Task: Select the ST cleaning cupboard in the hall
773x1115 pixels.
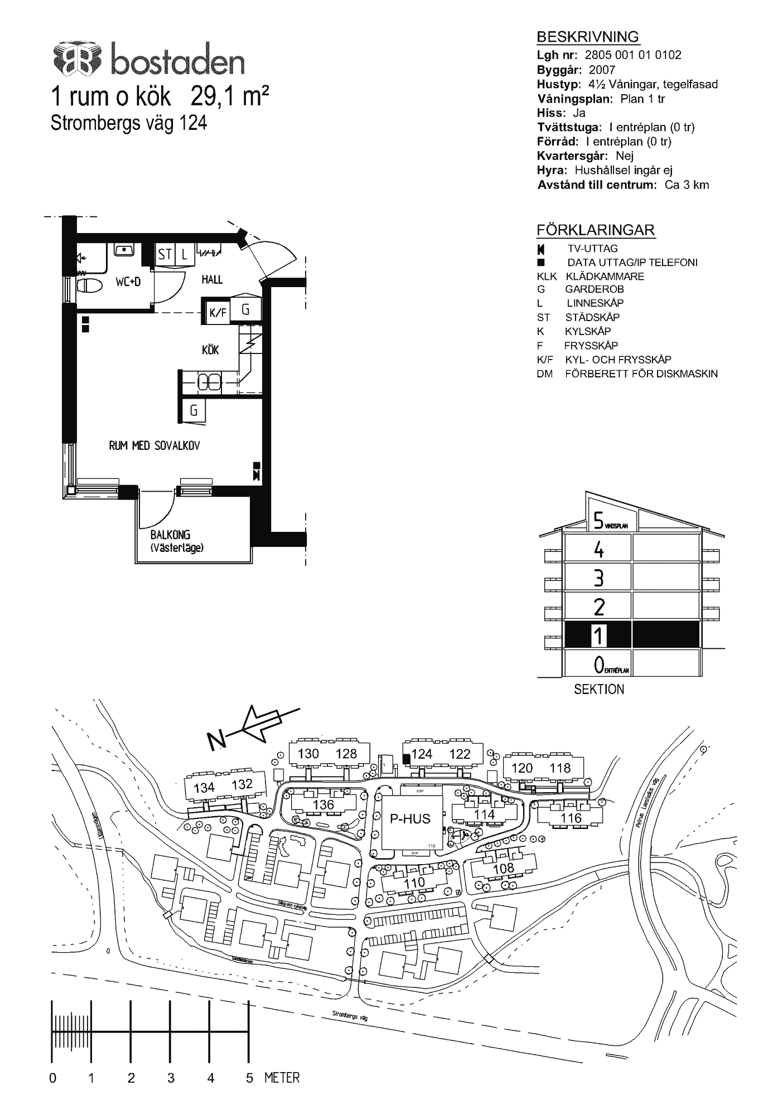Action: (x=165, y=255)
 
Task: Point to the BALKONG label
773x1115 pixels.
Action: (x=170, y=535)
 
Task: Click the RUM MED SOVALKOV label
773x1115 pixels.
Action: (x=154, y=445)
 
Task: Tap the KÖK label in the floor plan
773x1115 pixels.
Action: (x=210, y=350)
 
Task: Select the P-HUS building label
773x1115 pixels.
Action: (x=410, y=819)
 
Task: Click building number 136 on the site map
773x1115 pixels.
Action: (x=323, y=804)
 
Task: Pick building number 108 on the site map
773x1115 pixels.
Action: (x=504, y=868)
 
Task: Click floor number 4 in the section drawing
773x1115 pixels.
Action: (x=598, y=550)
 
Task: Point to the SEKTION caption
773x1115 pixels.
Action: (x=599, y=690)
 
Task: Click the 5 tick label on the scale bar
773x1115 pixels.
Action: (x=249, y=1078)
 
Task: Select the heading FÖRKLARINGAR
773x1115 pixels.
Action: (x=595, y=230)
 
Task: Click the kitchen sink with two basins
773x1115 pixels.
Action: (x=210, y=382)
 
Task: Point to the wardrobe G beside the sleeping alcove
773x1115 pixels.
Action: (x=194, y=411)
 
